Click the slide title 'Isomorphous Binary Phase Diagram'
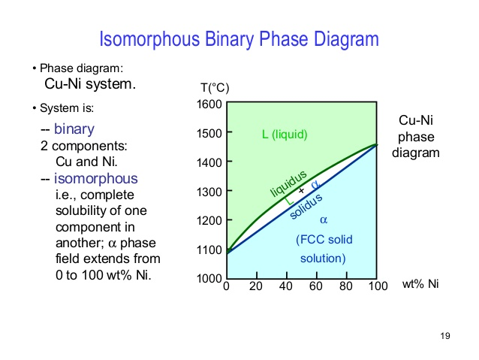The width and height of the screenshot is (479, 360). (x=239, y=39)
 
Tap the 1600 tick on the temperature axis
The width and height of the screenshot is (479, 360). (x=209, y=104)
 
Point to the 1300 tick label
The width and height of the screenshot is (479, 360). (x=209, y=192)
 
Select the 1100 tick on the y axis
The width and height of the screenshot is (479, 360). (x=209, y=250)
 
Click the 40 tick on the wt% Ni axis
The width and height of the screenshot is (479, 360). (x=286, y=286)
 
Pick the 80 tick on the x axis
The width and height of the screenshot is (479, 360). (x=346, y=286)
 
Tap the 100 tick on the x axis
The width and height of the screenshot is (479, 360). (x=377, y=286)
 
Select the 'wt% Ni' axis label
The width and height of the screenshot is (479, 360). (x=420, y=284)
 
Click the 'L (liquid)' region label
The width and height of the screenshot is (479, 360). (x=285, y=135)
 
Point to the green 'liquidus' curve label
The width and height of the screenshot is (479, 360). (x=289, y=184)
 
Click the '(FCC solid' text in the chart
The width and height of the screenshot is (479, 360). (x=324, y=240)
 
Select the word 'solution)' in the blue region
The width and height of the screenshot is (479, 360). (x=323, y=259)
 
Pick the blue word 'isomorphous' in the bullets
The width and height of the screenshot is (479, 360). (x=95, y=179)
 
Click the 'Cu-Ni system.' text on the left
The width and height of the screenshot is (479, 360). (x=91, y=83)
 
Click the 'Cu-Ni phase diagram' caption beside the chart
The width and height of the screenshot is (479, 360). (x=415, y=136)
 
